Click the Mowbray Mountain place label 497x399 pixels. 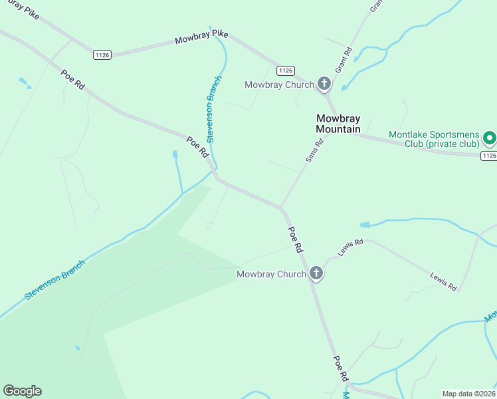pos(338,124)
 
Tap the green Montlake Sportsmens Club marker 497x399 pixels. pos(490,138)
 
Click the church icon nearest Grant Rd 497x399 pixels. pos(324,84)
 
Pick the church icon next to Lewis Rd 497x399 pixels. pos(316,273)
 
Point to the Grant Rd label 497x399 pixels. pos(343,60)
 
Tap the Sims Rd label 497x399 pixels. pos(314,150)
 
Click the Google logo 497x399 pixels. pos(22,391)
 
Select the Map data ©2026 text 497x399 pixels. pos(469,393)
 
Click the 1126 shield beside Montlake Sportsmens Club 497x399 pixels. pos(488,155)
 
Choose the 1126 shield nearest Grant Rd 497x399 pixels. pos(286,70)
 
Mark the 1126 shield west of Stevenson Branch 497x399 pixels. pos(102,55)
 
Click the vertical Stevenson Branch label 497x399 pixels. pos(213,109)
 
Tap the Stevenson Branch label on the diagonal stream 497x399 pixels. pos(55,279)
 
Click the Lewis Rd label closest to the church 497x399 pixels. pos(350,247)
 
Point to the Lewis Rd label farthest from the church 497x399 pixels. pos(443,281)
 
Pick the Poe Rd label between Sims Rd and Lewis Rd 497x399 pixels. pos(296,239)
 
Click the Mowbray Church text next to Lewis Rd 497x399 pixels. pos(271,274)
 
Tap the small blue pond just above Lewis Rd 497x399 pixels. pos(365,225)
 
